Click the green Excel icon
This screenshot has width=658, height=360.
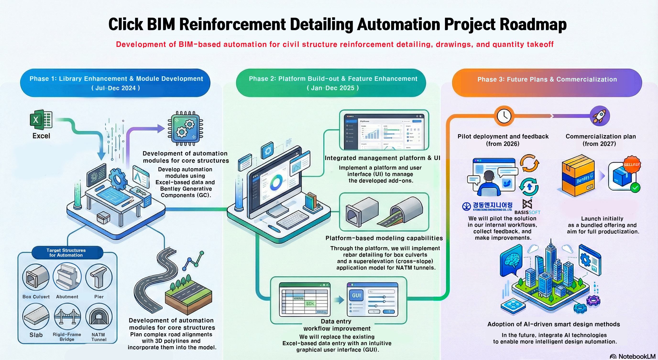pos(41,120)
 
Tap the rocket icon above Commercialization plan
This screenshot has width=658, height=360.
pos(600,116)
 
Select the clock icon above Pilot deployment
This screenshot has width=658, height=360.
pos(504,116)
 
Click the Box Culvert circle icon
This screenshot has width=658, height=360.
pos(36,277)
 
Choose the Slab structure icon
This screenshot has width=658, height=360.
pos(36,316)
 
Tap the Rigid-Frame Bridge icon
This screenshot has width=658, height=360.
pos(67,316)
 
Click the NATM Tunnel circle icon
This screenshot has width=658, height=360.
pos(99,316)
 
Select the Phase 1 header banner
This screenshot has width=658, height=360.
pos(115,83)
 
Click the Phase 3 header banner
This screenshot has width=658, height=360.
pos(547,83)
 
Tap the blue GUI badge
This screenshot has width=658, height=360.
pos(356,296)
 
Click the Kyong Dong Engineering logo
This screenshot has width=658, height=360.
pos(487,206)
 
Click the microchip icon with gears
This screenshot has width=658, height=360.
pos(186,128)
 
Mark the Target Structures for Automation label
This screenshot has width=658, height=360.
pos(66,252)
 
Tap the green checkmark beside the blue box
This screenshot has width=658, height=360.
pos(635,188)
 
